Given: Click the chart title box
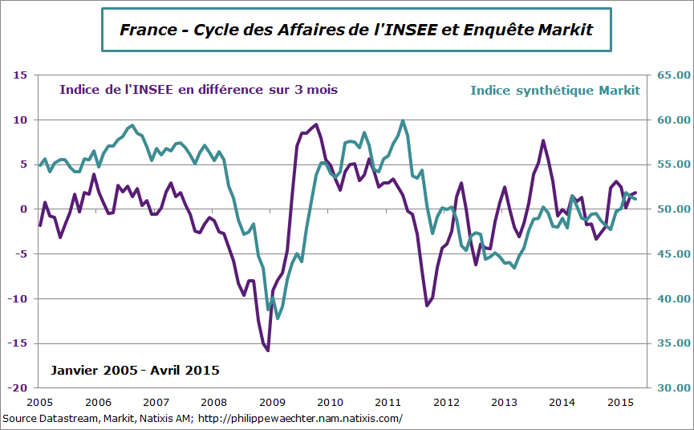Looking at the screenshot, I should (x=356, y=30).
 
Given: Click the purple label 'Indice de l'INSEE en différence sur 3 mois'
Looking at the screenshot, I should (x=198, y=90).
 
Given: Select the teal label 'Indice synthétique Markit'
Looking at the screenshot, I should (x=555, y=90).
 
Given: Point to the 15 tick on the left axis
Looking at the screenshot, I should (x=21, y=75).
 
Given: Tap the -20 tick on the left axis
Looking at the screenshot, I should (x=18, y=387).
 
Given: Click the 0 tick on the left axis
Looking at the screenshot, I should (x=24, y=209).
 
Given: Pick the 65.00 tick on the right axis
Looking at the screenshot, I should (x=672, y=75).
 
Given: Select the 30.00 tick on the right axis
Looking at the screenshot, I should (x=672, y=387).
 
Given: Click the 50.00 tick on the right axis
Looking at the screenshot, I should (x=672, y=209).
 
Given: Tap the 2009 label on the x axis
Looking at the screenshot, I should (x=271, y=402).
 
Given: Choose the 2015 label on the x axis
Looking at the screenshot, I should (x=620, y=402).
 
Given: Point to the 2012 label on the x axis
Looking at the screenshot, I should (x=446, y=402).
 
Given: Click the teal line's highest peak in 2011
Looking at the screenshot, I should (x=402, y=121).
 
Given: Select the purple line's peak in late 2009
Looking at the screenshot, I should (x=316, y=124).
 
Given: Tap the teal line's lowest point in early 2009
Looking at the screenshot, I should (x=278, y=318).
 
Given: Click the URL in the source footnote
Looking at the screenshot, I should (x=300, y=419).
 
